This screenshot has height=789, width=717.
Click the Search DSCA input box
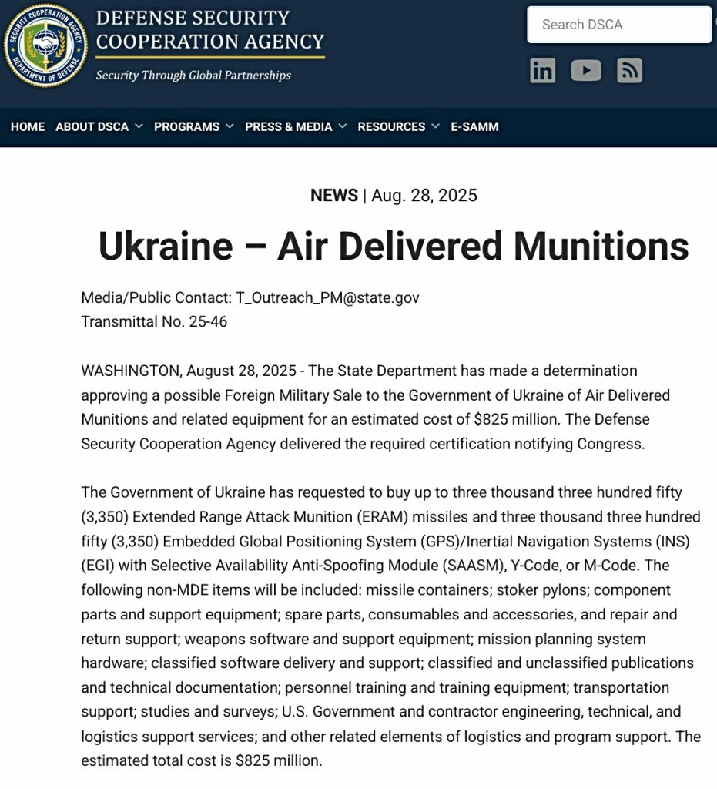point(618,25)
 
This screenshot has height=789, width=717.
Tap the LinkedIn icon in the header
point(542,71)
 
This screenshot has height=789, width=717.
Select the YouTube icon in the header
point(586,71)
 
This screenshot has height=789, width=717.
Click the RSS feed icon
point(629,71)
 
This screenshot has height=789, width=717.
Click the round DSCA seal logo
point(45,45)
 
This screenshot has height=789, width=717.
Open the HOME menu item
point(28,126)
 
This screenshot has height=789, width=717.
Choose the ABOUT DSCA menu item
point(92,126)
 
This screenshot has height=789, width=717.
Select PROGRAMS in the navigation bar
point(187,126)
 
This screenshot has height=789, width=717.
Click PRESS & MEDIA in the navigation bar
point(289,126)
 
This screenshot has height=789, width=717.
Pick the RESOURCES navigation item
point(391,126)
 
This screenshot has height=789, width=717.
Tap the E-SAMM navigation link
point(474,126)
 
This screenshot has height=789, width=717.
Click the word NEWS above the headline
point(334,196)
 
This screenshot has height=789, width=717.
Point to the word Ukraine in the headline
point(166,247)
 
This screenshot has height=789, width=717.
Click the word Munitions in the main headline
point(601,247)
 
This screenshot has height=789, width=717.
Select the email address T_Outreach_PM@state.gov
point(327,297)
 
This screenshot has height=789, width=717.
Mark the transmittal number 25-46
point(208,321)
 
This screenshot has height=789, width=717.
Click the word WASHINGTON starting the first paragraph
point(131,371)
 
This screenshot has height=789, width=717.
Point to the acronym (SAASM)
point(474,566)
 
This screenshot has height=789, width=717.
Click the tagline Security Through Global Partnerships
point(193,76)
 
